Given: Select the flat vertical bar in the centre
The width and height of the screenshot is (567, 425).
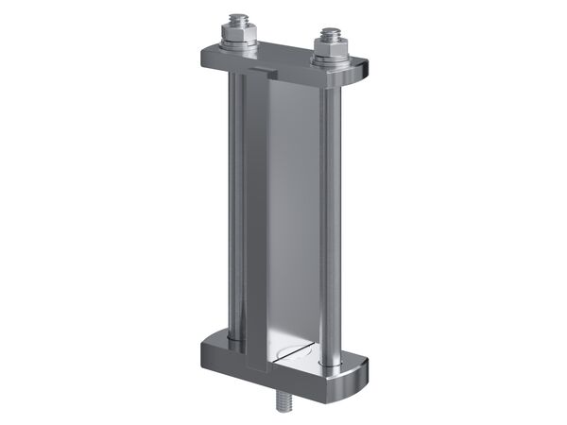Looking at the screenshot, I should [293, 208].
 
